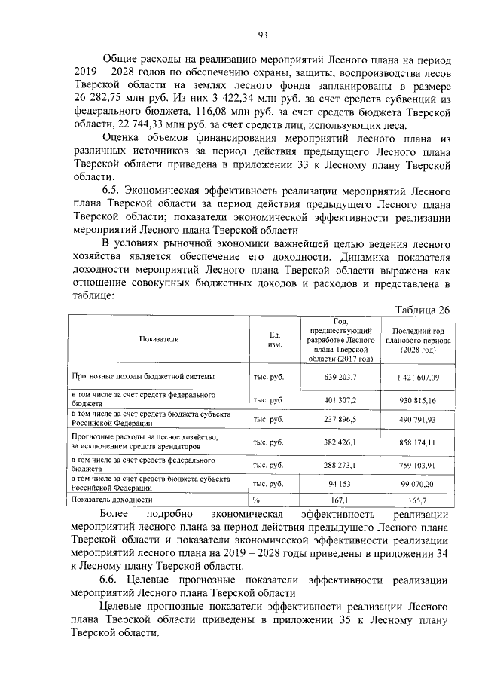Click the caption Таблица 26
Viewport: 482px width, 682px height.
[423, 310]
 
